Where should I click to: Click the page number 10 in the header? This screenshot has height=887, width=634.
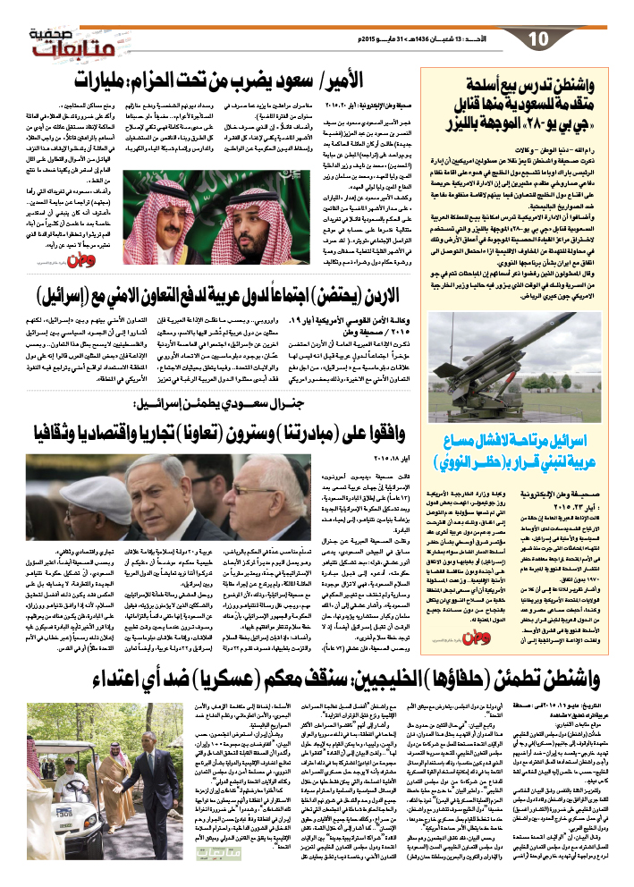[x=537, y=39]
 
